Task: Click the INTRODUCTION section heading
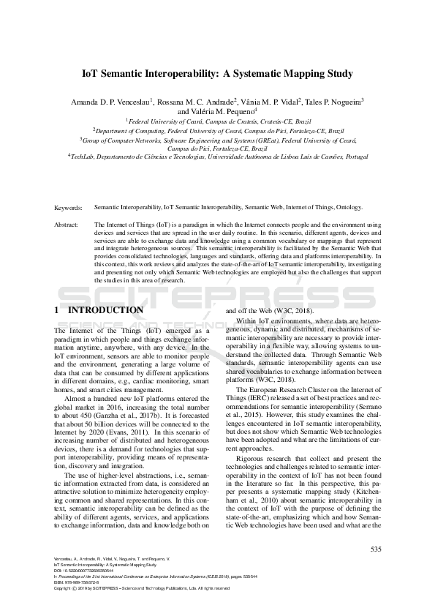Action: (106, 310)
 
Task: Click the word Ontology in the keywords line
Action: (347, 208)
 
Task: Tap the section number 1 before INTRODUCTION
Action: (57, 310)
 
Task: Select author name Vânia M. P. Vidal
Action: (266, 103)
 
